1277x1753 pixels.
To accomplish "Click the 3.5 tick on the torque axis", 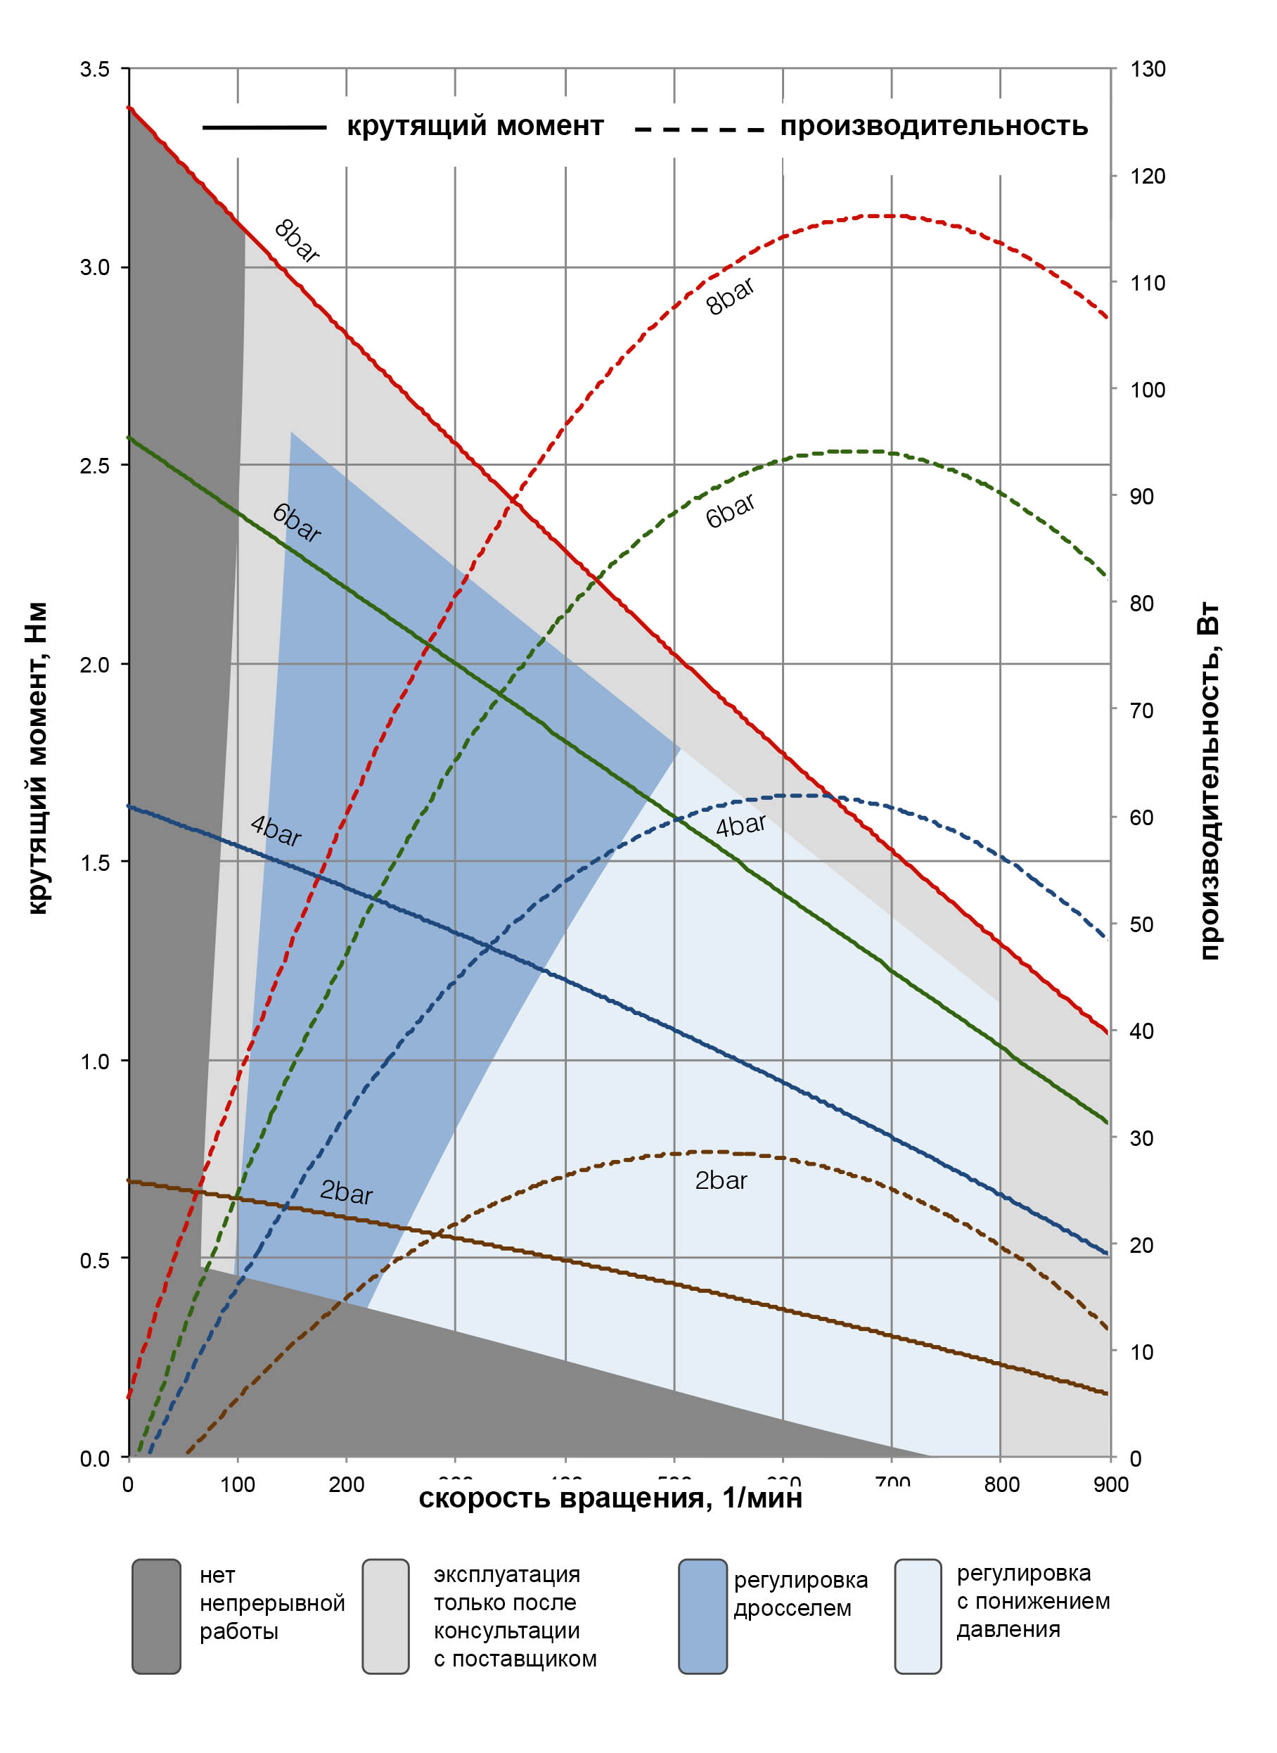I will (94, 70).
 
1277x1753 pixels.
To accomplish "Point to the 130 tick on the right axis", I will (1147, 70).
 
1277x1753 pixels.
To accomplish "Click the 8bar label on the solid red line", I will (297, 241).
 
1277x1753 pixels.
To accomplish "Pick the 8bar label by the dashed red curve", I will (730, 296).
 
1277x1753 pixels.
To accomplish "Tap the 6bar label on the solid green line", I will (296, 523).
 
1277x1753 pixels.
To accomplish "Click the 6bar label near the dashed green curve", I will (730, 511).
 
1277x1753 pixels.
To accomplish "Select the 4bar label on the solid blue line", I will (276, 831).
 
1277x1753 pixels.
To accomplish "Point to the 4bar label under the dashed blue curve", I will (740, 825).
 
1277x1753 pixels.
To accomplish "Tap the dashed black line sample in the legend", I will (699, 129).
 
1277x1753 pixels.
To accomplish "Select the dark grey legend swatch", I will (156, 1616).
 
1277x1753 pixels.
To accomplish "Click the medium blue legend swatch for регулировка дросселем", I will (702, 1616).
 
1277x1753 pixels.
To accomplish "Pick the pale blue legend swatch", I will (918, 1616).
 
